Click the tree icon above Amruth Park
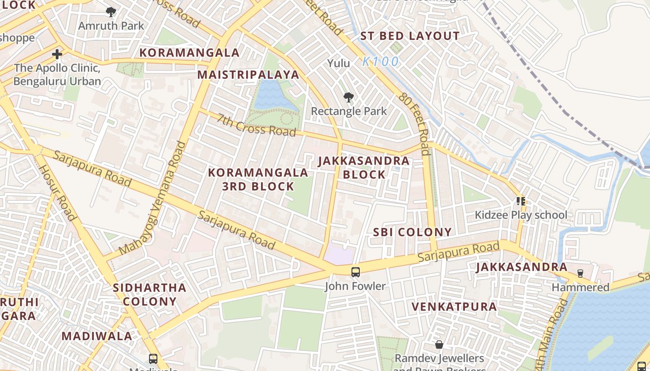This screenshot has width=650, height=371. tap(110, 12)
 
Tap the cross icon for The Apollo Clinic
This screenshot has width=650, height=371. tap(57, 54)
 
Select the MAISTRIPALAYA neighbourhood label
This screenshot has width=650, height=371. tap(248, 75)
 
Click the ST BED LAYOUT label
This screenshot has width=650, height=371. tap(410, 36)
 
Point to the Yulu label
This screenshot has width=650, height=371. tap(338, 63)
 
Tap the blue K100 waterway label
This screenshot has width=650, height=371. tap(380, 61)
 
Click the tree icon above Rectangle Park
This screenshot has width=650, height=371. tap(348, 97)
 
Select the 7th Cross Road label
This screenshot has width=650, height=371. tap(256, 125)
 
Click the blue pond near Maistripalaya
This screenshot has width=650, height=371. tap(274, 95)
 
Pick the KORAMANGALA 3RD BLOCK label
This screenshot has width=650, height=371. tap(258, 179)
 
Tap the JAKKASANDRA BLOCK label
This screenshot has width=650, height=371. tap(364, 167)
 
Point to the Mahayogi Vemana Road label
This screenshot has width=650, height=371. tap(152, 198)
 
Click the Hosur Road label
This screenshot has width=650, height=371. tap(56, 192)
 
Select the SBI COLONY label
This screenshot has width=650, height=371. tap(412, 232)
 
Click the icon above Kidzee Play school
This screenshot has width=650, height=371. tap(520, 201)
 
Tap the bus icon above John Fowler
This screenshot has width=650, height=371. tap(355, 272)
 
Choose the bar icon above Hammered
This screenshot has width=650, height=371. tap(580, 274)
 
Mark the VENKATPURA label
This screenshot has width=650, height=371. tap(454, 307)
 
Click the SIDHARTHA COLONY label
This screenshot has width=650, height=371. tap(149, 294)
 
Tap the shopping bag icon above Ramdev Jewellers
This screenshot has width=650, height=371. tap(439, 345)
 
